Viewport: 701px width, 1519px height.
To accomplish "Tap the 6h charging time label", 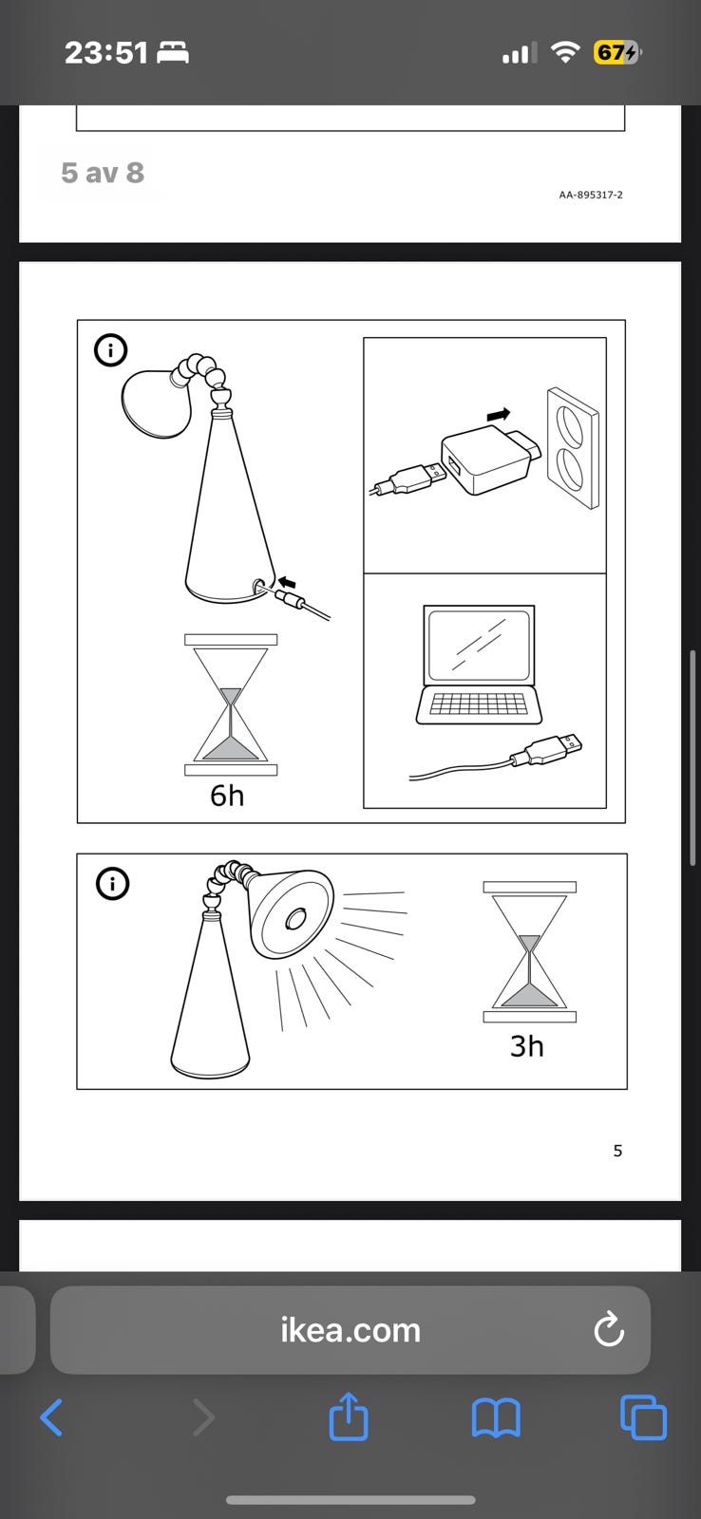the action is pyautogui.click(x=227, y=796).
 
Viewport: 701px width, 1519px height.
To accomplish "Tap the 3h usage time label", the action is pyautogui.click(x=526, y=1046).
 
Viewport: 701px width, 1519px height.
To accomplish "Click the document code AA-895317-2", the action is pyautogui.click(x=591, y=195).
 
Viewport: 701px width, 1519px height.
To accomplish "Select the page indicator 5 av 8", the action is pyautogui.click(x=103, y=173).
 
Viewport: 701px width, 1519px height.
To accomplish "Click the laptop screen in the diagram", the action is pyautogui.click(x=479, y=645).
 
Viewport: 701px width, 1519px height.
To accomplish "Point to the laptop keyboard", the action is pyautogui.click(x=479, y=703).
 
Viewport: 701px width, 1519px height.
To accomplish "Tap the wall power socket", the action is pyautogui.click(x=573, y=447).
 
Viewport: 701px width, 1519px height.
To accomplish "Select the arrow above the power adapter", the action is pyautogui.click(x=499, y=414).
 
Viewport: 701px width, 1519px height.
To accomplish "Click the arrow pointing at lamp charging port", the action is pyautogui.click(x=287, y=582).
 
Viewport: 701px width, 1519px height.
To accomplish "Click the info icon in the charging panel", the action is pyautogui.click(x=110, y=350).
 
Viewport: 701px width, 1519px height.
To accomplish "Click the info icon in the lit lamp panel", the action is pyautogui.click(x=113, y=884).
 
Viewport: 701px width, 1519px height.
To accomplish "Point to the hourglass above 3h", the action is pyautogui.click(x=529, y=951).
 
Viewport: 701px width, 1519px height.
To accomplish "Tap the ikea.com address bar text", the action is pyautogui.click(x=350, y=1330).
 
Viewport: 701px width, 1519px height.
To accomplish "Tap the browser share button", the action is pyautogui.click(x=349, y=1416).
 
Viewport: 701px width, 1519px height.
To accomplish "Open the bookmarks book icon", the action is pyautogui.click(x=496, y=1418).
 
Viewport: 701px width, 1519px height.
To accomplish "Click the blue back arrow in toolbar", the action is pyautogui.click(x=51, y=1417).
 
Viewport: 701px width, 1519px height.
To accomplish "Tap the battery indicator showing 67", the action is pyautogui.click(x=616, y=52).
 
